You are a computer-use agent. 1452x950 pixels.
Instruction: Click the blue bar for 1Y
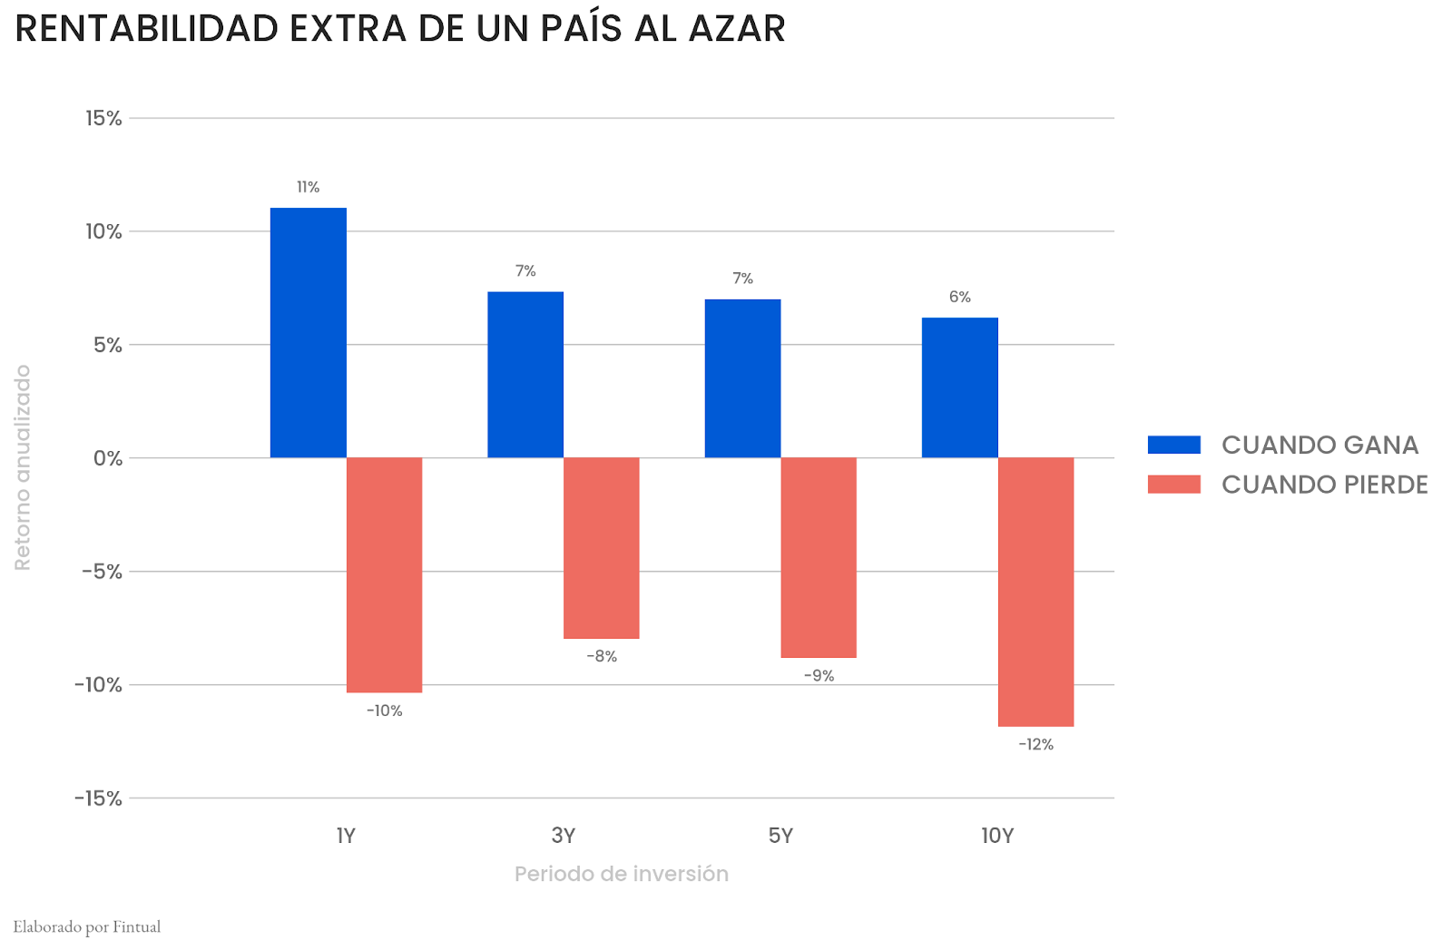pos(308,333)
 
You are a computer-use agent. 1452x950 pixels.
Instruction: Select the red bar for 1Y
pos(384,574)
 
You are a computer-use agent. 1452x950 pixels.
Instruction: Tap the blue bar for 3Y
pos(525,375)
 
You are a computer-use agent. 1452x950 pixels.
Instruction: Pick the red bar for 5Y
pos(819,557)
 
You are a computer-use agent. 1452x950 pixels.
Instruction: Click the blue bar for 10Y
pos(959,387)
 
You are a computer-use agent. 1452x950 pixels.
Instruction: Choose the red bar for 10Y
pos(1035,592)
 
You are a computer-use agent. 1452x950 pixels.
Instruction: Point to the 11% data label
pos(308,187)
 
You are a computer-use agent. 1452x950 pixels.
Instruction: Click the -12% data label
pos(1035,744)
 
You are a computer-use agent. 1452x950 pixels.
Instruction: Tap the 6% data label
pos(959,297)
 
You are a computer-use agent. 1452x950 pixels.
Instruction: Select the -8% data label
pos(601,656)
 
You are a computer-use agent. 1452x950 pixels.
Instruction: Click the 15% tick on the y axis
pos(103,118)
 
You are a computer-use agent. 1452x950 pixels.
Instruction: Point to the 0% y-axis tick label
pos(107,458)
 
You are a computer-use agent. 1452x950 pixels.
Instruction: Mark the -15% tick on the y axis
pos(98,798)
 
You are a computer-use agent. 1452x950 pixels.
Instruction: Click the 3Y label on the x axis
pos(564,836)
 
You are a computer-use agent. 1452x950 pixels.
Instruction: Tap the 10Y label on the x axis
pos(997,836)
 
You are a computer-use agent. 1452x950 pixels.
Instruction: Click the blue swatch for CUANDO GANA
pos(1173,445)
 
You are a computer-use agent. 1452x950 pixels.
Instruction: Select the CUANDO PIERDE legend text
pos(1324,485)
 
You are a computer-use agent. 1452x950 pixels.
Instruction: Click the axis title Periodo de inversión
pos(621,874)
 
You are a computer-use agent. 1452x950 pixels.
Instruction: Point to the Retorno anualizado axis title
pos(23,467)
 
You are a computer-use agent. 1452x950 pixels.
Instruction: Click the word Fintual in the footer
pos(136,926)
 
